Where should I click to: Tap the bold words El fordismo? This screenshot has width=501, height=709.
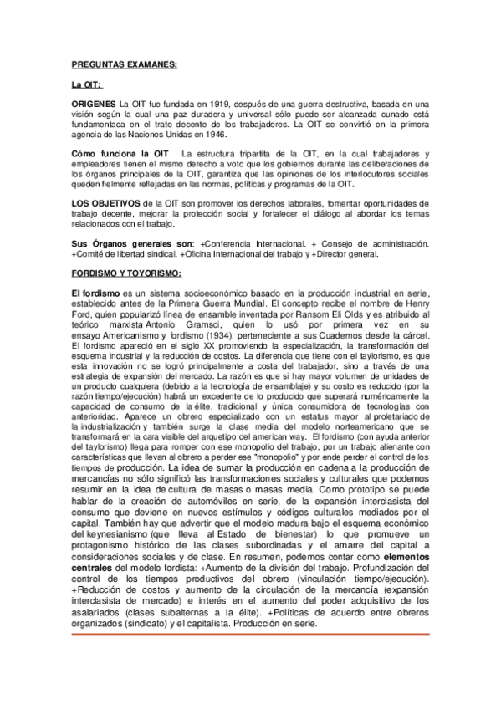click(x=95, y=289)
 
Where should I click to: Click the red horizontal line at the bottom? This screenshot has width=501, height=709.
click(x=251, y=635)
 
